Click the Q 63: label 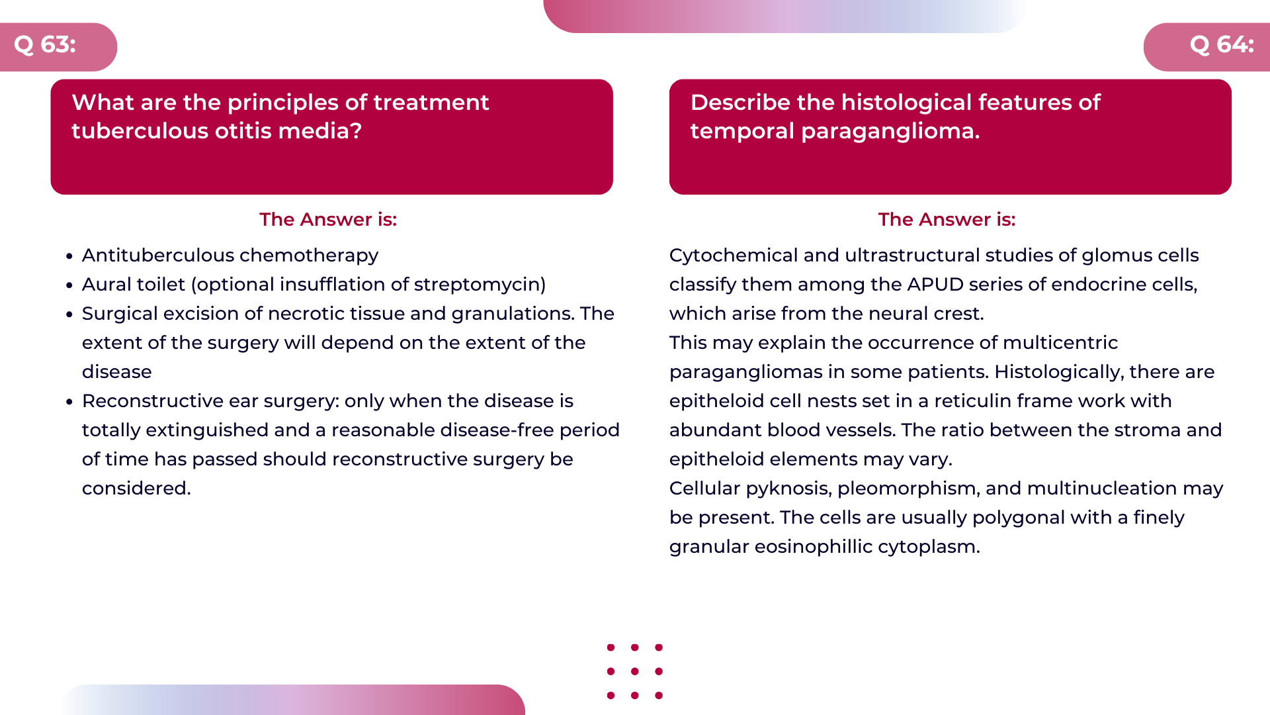point(45,45)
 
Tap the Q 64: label point(1221,45)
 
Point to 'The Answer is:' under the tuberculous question point(328,219)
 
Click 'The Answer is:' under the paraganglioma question point(947,219)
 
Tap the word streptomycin point(477,284)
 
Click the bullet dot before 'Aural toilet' point(69,285)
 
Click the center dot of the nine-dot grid point(634,671)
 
